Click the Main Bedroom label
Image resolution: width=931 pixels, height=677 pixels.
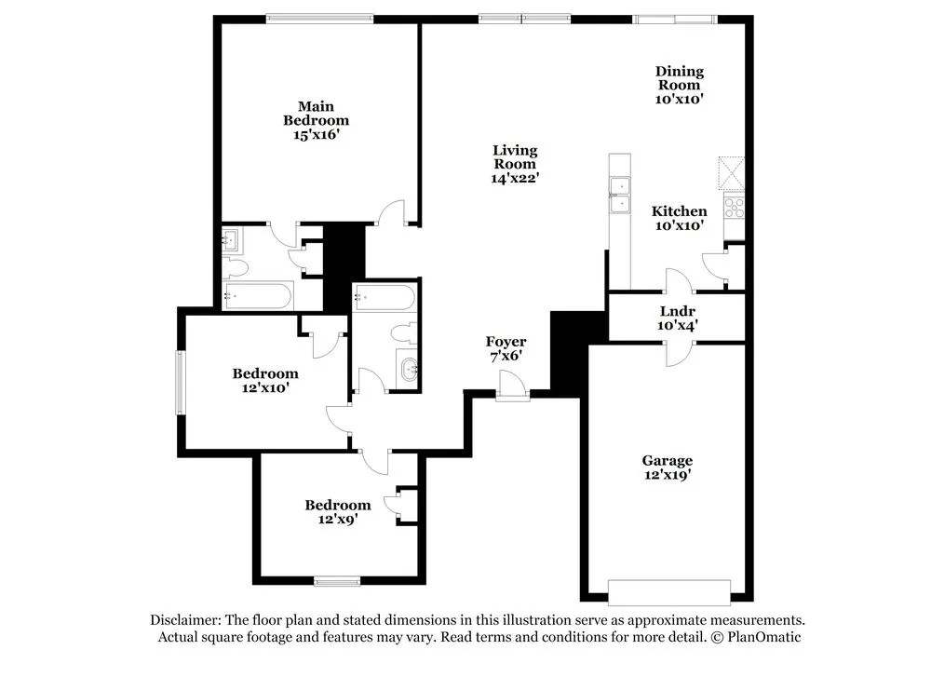[x=316, y=114]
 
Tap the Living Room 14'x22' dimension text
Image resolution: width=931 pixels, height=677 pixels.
[x=515, y=178]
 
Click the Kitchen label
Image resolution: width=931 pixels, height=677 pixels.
[x=679, y=211]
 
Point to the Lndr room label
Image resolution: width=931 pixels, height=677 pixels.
[x=678, y=310]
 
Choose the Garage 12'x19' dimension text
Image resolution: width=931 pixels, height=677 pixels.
[x=667, y=475]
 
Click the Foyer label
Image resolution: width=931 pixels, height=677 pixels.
[x=506, y=342]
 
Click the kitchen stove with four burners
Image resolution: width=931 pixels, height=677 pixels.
[x=734, y=206]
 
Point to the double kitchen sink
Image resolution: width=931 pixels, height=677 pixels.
[x=618, y=196]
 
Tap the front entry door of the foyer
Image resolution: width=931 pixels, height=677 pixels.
[x=511, y=386]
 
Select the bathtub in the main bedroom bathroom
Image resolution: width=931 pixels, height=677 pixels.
[x=258, y=297]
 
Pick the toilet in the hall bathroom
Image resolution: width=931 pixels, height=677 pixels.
[x=403, y=332]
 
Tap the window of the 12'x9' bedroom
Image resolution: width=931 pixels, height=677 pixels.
[x=337, y=582]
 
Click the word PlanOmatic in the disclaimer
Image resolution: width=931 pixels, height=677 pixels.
[x=764, y=637]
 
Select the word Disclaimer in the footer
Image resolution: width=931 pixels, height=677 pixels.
[x=184, y=620]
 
